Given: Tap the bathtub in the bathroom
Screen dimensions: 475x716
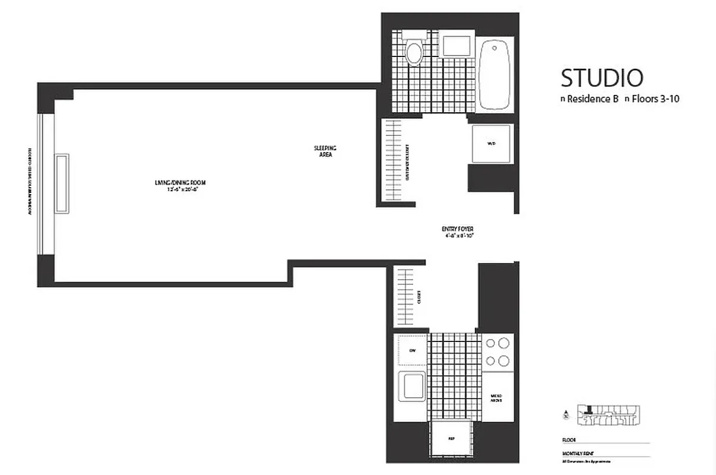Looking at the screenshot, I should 495,74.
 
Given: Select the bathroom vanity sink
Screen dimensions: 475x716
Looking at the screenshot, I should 457,46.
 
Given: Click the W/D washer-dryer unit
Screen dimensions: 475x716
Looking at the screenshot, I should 490,144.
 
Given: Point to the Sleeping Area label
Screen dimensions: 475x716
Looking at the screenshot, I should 325,151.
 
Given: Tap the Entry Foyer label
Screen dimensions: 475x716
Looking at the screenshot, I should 457,232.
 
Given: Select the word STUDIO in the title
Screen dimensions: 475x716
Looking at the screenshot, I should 602,78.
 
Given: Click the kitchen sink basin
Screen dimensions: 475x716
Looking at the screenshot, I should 411,387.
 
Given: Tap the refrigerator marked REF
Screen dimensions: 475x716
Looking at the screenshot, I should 451,439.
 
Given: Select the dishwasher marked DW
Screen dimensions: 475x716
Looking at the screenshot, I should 412,350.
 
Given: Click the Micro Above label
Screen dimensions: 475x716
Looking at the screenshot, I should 498,397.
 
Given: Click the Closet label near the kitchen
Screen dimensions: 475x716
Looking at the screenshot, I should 419,296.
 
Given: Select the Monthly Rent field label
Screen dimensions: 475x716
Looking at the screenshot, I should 574,452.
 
